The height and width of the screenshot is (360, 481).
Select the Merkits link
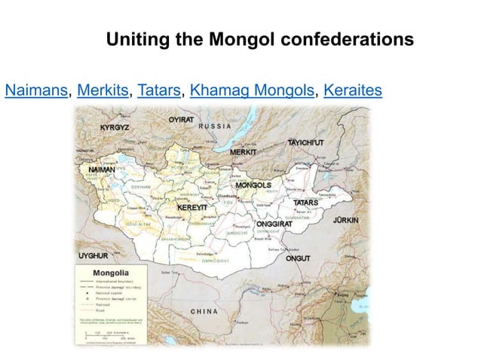[x=103, y=92]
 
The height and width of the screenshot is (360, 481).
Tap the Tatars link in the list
[x=159, y=92]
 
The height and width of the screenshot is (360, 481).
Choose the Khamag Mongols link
[x=252, y=92]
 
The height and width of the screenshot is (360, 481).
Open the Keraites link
[x=352, y=92]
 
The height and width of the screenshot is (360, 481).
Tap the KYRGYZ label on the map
[x=115, y=127]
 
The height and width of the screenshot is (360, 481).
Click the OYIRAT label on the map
[x=181, y=118]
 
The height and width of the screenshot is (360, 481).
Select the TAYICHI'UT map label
[x=305, y=142]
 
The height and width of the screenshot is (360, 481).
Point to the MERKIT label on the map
[x=244, y=153]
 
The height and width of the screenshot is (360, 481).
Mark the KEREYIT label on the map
[x=192, y=206]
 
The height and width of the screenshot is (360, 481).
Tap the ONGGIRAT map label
[x=274, y=224]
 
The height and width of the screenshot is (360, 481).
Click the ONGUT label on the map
[x=298, y=258]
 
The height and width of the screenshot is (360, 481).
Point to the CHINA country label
[x=204, y=311]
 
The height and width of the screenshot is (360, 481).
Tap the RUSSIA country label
[x=216, y=127]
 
